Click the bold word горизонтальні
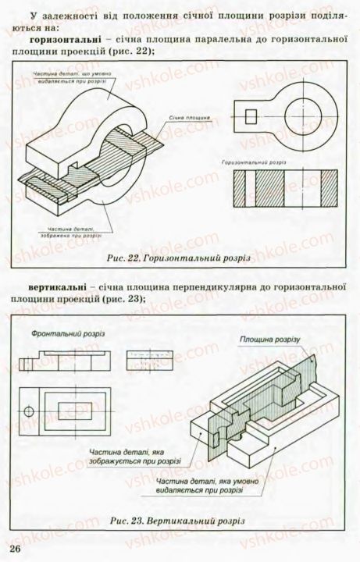(62, 38)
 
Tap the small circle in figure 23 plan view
(29, 411)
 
